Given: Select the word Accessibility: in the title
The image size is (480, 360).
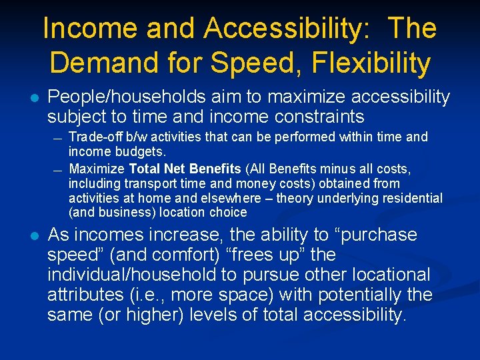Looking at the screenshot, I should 292,29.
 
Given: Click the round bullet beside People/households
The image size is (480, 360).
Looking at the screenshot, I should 34,98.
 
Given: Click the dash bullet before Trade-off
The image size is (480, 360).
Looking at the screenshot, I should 58,138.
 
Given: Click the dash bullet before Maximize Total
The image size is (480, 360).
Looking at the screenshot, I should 58,169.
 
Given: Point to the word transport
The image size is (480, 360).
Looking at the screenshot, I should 143,183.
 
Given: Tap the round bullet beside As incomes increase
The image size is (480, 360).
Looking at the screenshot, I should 34,235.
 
